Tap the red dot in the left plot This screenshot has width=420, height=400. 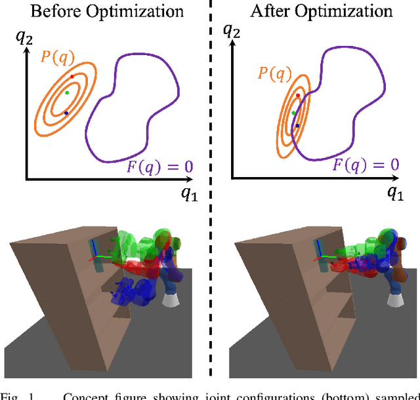tap(72, 77)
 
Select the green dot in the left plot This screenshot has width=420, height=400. tap(66, 92)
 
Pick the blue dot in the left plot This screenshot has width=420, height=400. tap(66, 113)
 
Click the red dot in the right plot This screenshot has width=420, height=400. tap(298, 96)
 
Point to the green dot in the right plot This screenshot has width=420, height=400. tap(293, 113)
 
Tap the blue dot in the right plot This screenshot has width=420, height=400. tap(297, 125)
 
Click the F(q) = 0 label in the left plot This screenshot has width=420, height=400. tap(160, 166)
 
